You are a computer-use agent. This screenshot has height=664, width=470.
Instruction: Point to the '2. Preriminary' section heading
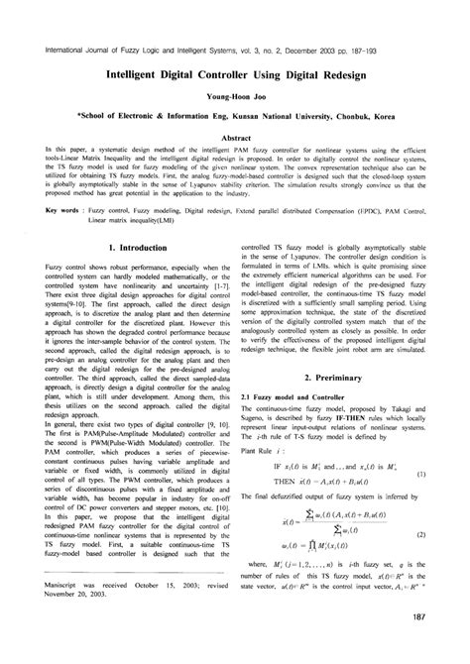point(347,379)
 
